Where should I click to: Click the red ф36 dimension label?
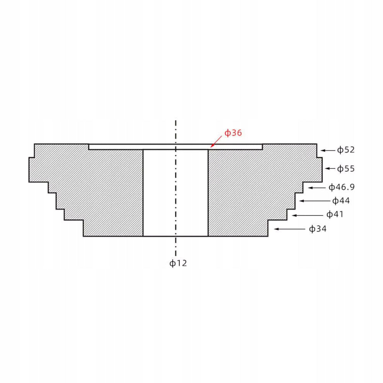233,133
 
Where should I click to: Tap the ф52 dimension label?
346,150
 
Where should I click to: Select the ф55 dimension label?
346,168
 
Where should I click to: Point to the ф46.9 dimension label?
341,187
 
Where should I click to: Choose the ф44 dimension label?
341,201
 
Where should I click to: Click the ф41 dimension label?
335,215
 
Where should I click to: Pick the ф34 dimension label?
318,229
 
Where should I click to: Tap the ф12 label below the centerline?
178,263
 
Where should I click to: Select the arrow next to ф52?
328,150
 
